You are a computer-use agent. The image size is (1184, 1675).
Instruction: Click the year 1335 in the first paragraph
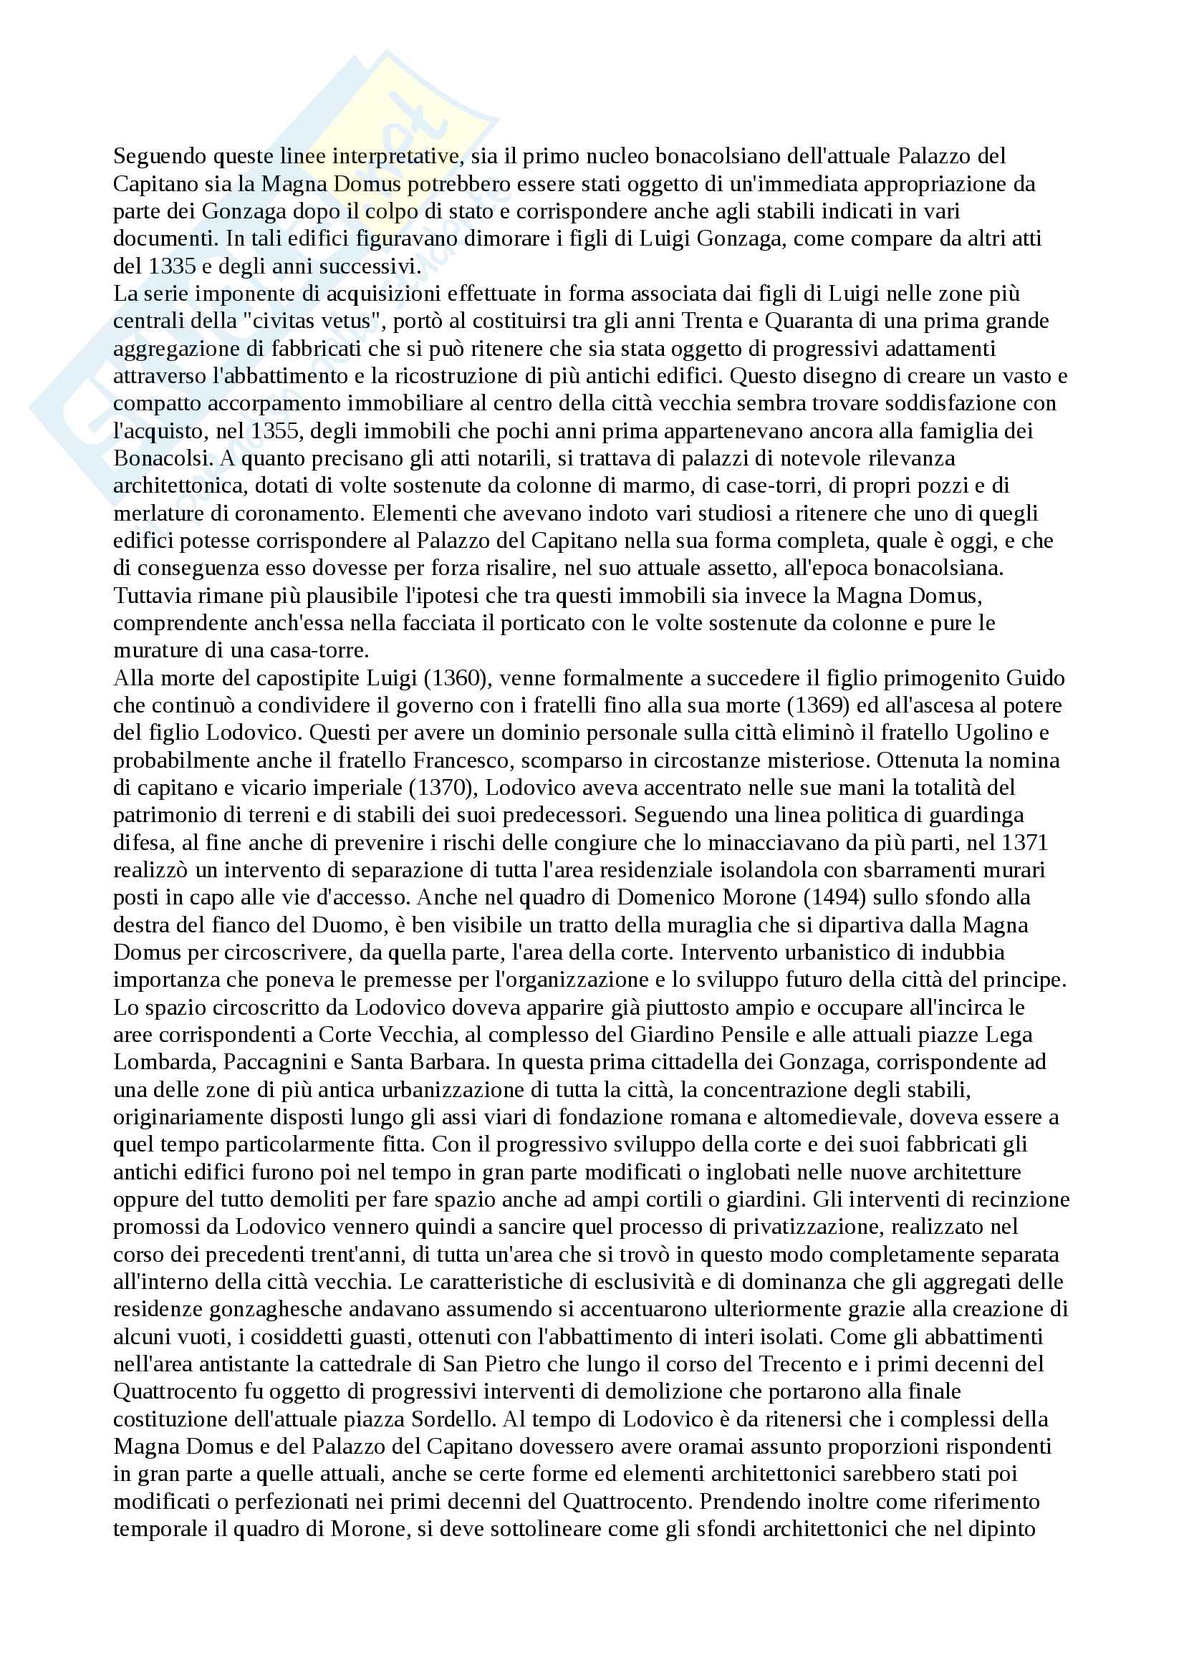[x=172, y=266]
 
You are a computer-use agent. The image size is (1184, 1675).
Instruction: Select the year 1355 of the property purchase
[x=275, y=431]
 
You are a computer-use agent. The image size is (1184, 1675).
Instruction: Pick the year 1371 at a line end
[x=1025, y=843]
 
